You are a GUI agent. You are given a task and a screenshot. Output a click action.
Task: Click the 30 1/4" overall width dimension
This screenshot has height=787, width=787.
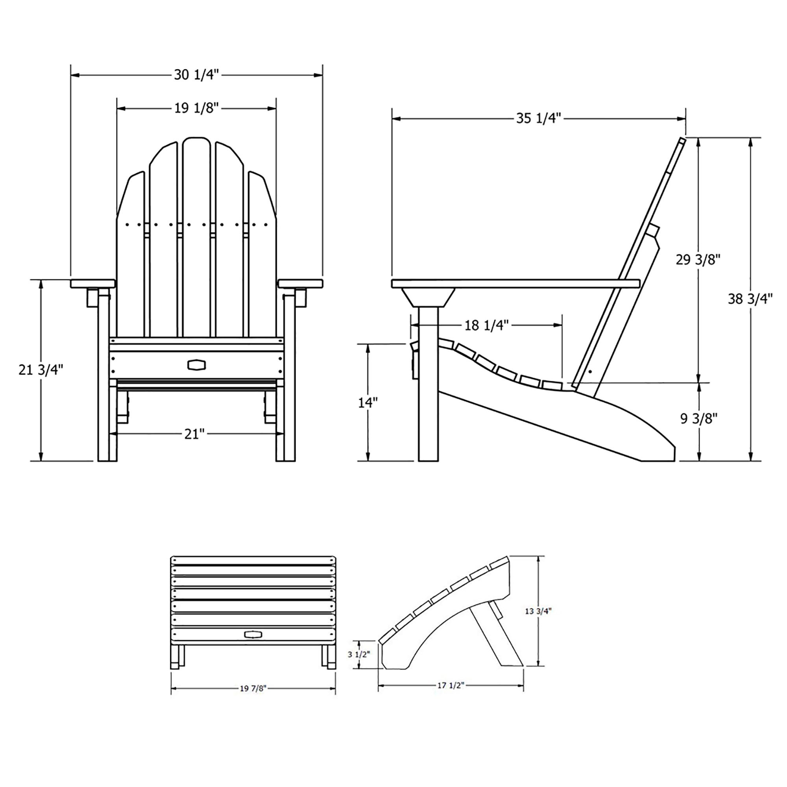point(197,75)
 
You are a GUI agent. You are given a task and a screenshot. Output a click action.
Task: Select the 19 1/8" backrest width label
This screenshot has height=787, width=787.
point(197,108)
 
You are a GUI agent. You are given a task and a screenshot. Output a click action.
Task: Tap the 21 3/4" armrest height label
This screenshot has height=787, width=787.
point(41,370)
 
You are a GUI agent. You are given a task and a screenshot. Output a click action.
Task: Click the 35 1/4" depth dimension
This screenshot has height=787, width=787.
point(539,118)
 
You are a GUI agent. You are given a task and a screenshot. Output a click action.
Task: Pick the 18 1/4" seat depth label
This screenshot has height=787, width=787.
point(487,325)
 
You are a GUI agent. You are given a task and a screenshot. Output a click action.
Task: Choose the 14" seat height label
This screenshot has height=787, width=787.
point(368,403)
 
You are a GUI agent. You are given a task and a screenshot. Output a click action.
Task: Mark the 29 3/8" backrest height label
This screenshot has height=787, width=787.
point(698,259)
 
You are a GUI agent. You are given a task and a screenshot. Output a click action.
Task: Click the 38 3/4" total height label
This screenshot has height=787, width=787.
point(750,299)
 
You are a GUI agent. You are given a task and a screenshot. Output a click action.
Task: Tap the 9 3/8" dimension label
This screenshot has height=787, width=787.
point(698,418)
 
